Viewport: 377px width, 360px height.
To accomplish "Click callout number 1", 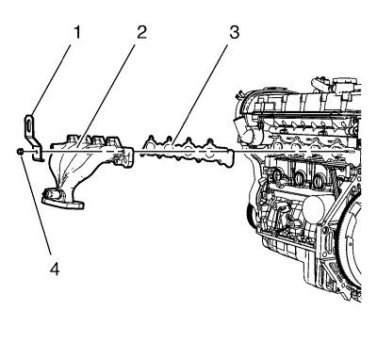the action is (77, 33).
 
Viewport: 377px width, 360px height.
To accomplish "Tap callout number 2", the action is (141, 33).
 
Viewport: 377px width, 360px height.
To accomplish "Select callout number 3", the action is (234, 33).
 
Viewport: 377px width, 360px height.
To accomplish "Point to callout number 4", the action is (55, 270).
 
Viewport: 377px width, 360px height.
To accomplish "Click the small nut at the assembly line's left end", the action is (19, 152).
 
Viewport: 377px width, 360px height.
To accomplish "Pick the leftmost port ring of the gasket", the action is (151, 147).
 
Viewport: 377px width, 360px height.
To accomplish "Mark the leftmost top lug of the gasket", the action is (151, 139).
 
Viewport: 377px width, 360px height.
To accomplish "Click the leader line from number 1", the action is (51, 80).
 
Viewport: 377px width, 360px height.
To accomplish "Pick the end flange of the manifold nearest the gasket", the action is (127, 156).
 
